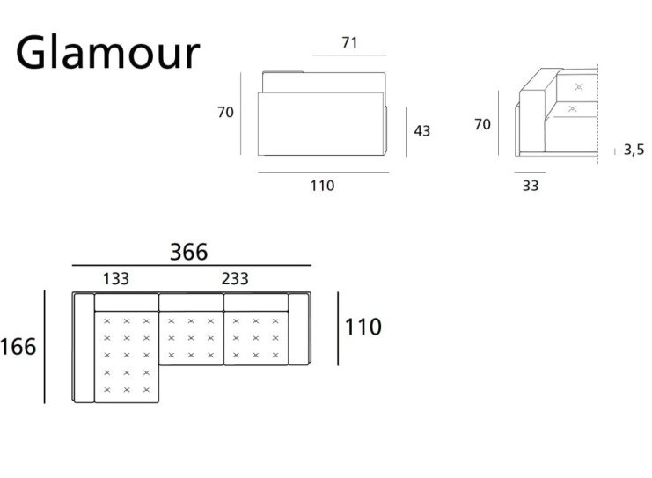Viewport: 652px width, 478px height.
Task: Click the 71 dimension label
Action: pyautogui.click(x=349, y=42)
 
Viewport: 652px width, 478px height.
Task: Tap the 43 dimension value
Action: pyautogui.click(x=422, y=131)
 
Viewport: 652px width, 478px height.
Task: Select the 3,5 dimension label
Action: pyautogui.click(x=634, y=151)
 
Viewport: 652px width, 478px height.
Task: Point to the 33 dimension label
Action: pyautogui.click(x=531, y=186)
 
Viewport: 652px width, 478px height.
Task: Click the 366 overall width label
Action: pyautogui.click(x=189, y=253)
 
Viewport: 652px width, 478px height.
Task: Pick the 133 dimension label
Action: pyautogui.click(x=116, y=279)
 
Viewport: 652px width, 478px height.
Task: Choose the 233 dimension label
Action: pyautogui.click(x=235, y=279)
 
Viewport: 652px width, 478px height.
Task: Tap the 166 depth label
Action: pyautogui.click(x=18, y=347)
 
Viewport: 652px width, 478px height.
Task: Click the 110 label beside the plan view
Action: pyautogui.click(x=363, y=327)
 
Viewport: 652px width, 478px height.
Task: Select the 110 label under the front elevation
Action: pyautogui.click(x=323, y=186)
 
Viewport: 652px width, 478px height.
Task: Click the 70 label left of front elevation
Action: pyautogui.click(x=225, y=112)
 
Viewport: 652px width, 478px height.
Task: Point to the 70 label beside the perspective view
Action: pyautogui.click(x=482, y=124)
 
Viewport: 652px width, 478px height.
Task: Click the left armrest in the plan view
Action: pyautogui.click(x=84, y=348)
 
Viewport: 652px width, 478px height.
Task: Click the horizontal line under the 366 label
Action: pyautogui.click(x=192, y=265)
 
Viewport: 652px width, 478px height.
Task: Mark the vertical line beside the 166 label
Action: pyautogui.click(x=44, y=347)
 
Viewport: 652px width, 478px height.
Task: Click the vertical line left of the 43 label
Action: pyautogui.click(x=407, y=132)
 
